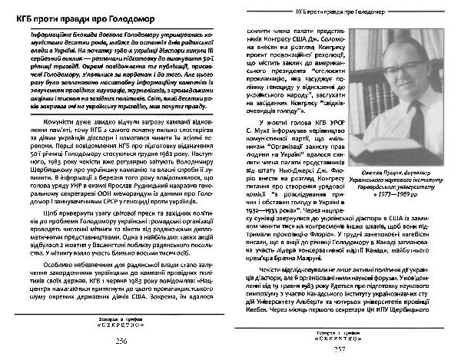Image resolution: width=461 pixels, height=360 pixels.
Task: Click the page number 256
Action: [x=119, y=343]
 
